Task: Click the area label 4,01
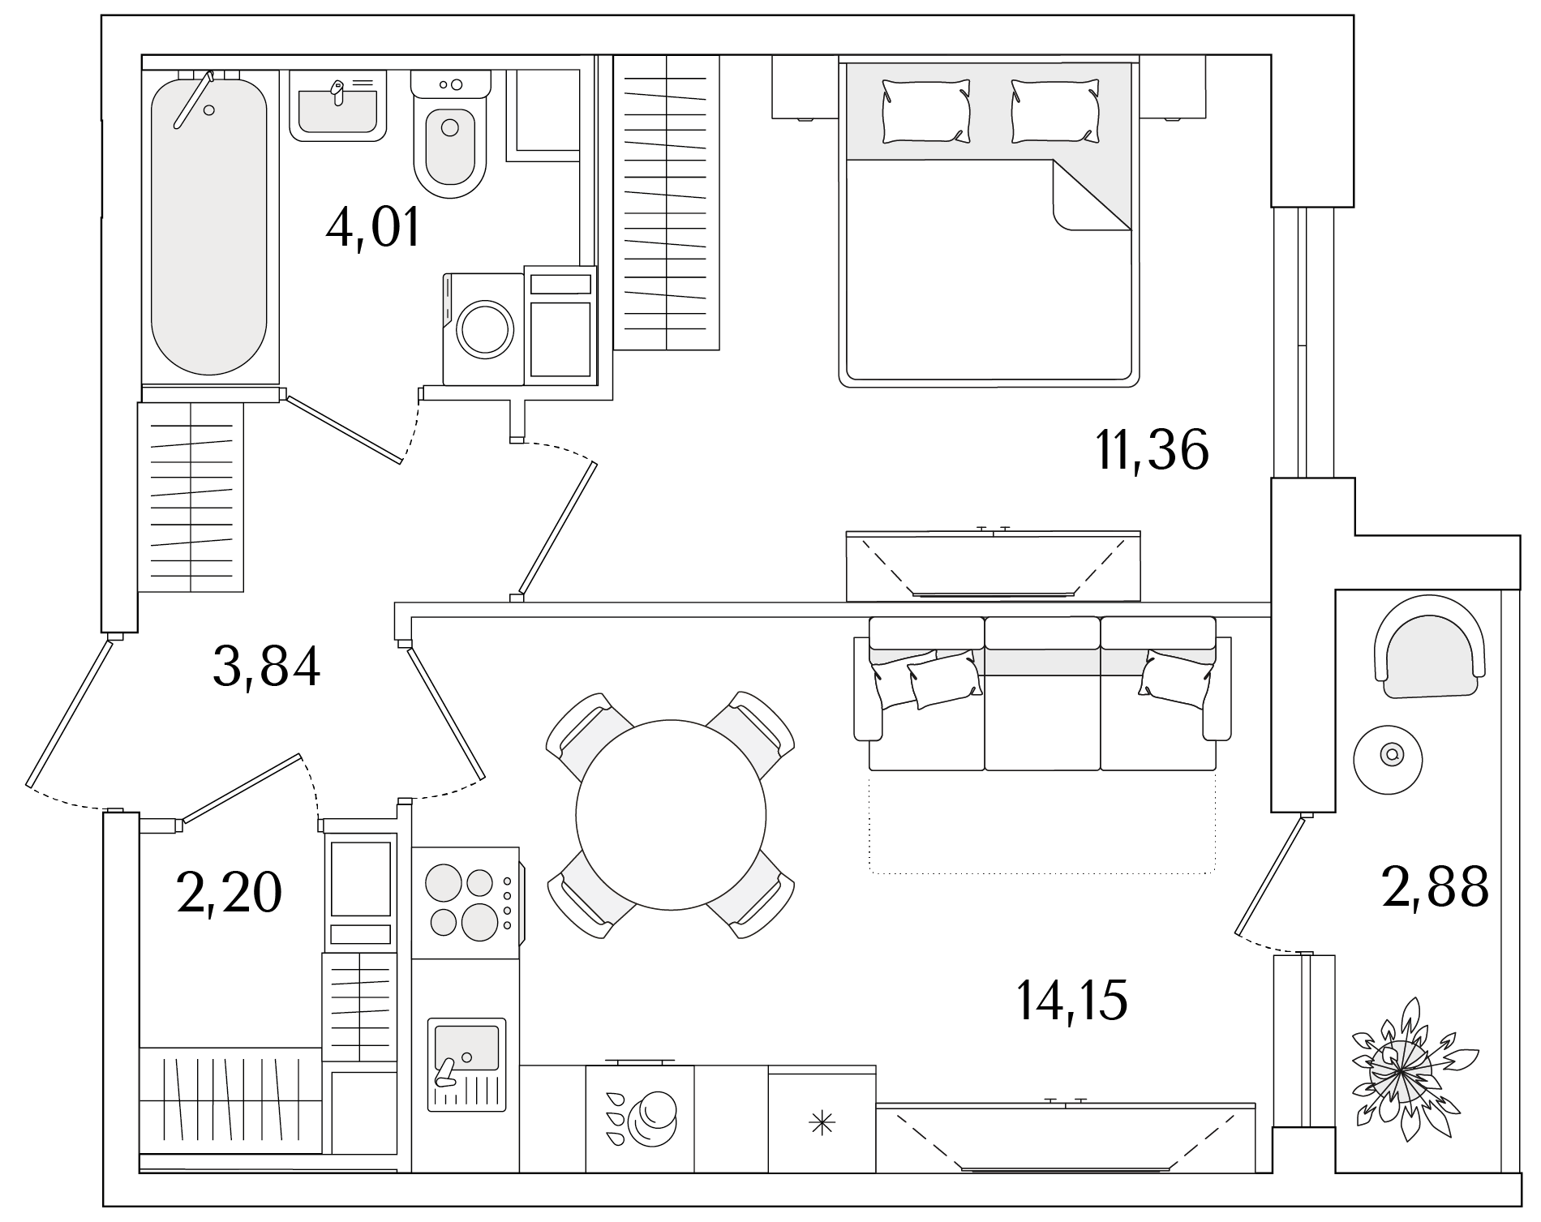[373, 228]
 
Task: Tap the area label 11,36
[1152, 449]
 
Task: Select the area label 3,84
[267, 666]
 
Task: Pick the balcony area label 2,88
[1435, 886]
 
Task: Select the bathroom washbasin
[337, 105]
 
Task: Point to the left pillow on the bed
[926, 112]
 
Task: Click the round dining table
[671, 814]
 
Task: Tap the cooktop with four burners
[466, 903]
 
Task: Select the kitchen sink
[466, 1064]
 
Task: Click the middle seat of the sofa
[1042, 693]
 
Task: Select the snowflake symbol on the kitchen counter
[822, 1123]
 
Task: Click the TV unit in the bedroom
[993, 566]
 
